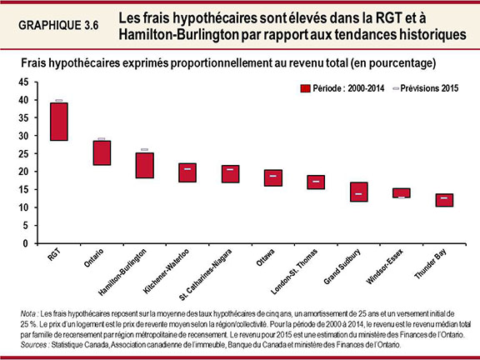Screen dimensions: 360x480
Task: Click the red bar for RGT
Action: tap(58, 122)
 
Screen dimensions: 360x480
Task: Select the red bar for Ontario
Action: tap(102, 152)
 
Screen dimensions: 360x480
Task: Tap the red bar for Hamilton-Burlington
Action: tap(144, 165)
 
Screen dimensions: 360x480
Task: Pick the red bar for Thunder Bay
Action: tap(445, 200)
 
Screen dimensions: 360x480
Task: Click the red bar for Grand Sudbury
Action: tap(359, 192)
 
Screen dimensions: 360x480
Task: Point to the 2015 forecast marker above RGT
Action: tap(58, 100)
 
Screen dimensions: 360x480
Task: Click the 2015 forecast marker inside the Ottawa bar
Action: tap(273, 176)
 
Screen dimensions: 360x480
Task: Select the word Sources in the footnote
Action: tap(34, 343)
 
